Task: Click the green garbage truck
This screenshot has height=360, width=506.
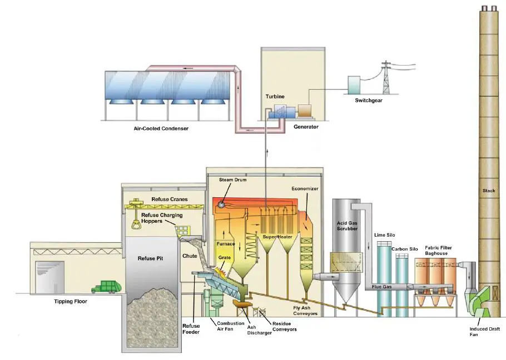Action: (x=106, y=287)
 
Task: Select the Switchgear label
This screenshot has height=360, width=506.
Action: (x=369, y=100)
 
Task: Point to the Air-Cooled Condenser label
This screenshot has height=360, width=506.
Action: (x=161, y=128)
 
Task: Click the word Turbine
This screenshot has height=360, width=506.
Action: (x=275, y=96)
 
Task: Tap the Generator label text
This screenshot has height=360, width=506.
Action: (x=306, y=127)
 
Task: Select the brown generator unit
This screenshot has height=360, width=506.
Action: (x=304, y=110)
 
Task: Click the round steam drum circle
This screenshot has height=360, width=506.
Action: (x=221, y=204)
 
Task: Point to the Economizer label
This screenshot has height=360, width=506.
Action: (x=305, y=188)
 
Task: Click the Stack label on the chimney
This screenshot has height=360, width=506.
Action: (x=489, y=191)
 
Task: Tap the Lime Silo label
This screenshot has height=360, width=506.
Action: (x=384, y=235)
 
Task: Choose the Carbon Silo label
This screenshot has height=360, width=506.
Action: (x=405, y=249)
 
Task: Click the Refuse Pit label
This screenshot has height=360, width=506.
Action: (x=150, y=258)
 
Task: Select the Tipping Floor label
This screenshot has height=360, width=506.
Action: (x=71, y=301)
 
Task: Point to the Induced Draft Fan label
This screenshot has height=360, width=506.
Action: (x=484, y=332)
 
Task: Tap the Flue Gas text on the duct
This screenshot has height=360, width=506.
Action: (x=381, y=287)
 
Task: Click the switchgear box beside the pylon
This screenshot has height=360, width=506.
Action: (x=354, y=85)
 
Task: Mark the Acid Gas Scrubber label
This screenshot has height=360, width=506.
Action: (x=347, y=226)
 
